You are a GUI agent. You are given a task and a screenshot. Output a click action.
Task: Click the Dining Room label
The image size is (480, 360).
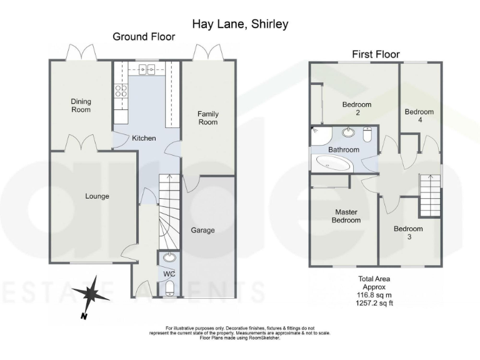pos(81,105)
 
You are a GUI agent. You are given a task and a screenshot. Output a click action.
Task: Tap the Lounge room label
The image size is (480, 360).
pos(97,196)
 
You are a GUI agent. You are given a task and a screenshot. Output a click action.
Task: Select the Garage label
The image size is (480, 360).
pos(202,230)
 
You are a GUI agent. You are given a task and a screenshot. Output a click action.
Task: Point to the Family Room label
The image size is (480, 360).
pos(207,117)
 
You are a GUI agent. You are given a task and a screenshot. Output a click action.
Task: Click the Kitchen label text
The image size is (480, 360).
pos(143,138)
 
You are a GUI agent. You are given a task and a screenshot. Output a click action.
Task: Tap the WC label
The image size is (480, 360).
pos(168,274)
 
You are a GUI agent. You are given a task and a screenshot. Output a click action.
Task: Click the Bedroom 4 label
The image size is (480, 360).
pos(419,116)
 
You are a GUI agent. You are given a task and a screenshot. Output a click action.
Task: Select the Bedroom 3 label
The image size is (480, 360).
pos(407,233)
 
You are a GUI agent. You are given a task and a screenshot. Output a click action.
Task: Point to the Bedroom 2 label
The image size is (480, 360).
pos(357,109)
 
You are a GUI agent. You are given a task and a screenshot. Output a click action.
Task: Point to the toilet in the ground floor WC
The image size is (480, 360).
pos(169,288)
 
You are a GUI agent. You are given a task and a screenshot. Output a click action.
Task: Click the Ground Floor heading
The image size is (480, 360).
pos(144,37)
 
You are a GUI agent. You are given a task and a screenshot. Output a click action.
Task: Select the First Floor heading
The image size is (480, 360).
pos(376,54)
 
